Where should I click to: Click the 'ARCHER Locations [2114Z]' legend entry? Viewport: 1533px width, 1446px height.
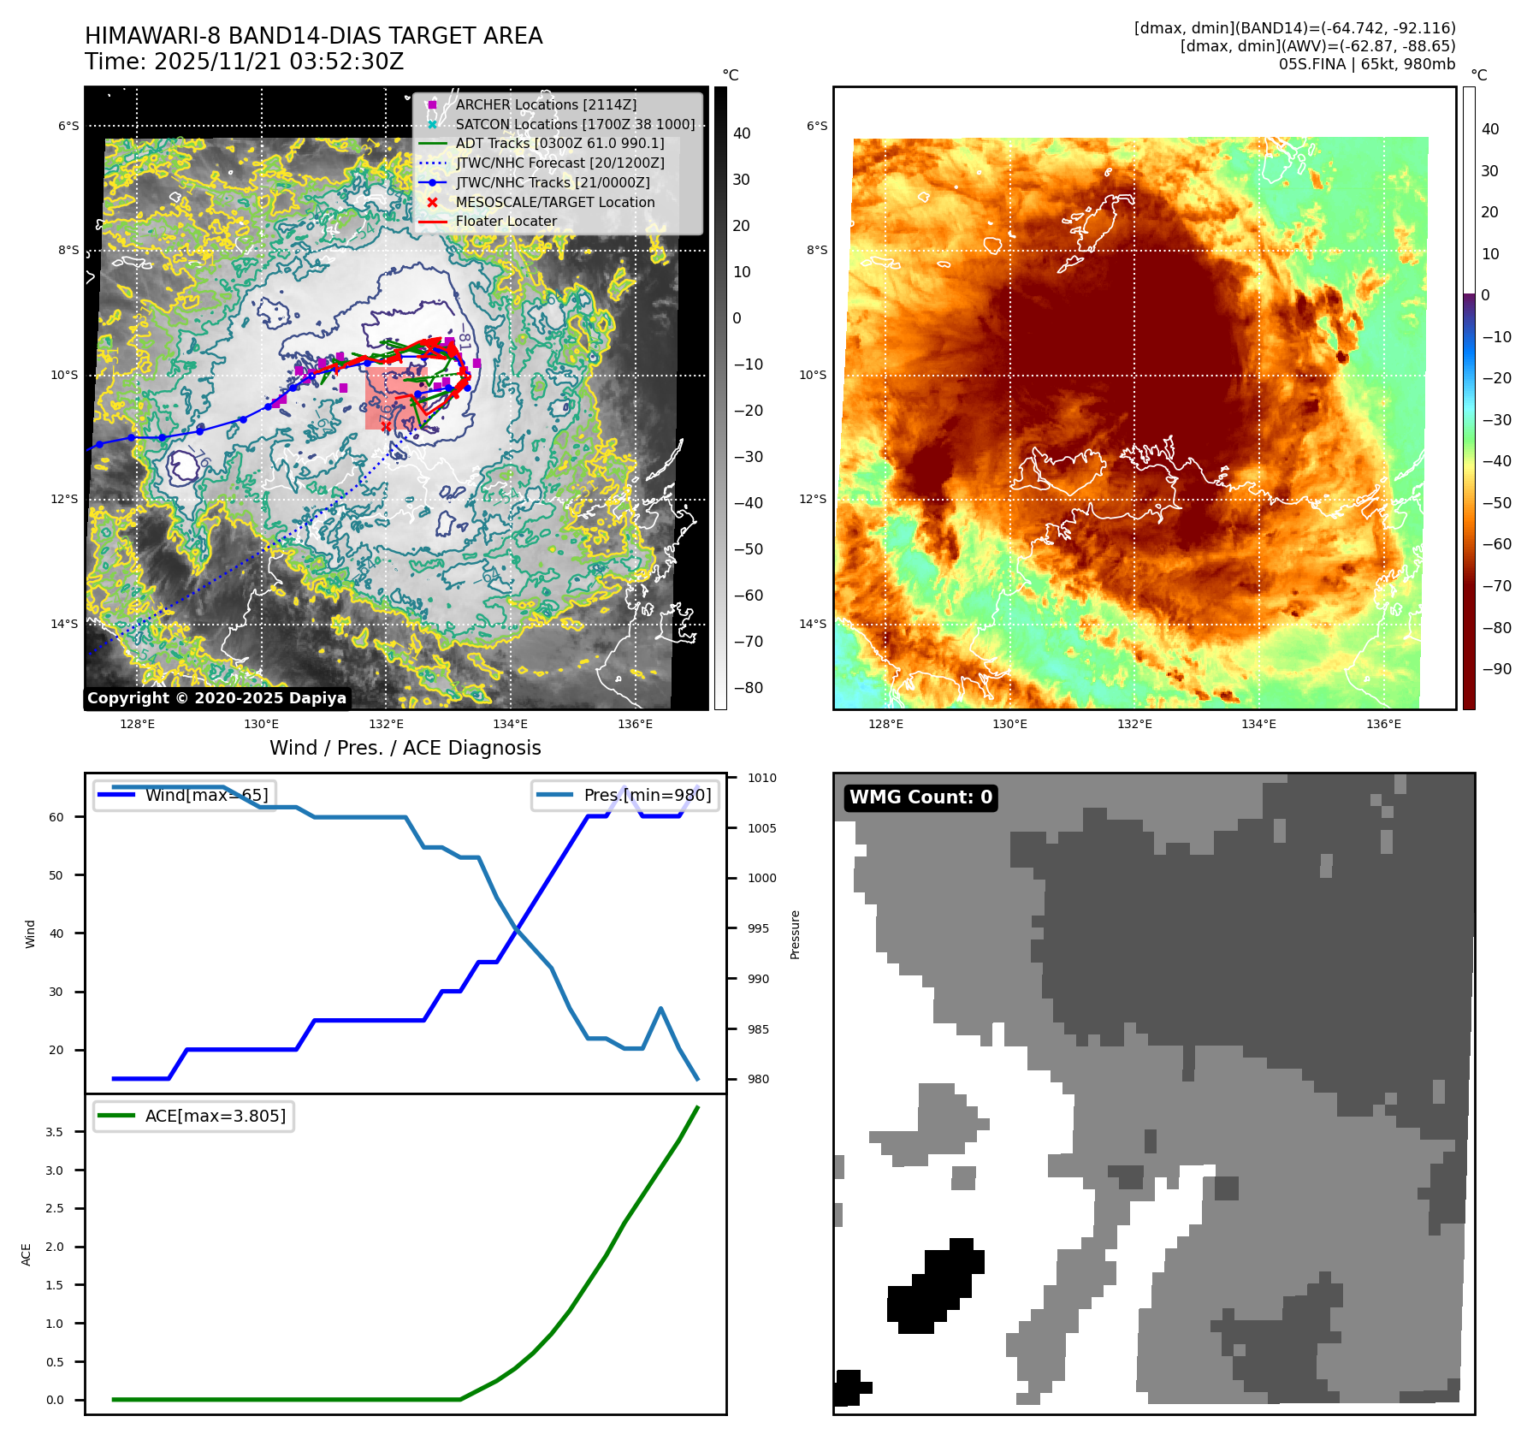click(x=546, y=104)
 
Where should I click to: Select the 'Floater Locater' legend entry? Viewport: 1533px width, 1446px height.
click(x=506, y=221)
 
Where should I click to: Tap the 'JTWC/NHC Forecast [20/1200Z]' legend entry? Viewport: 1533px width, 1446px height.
click(x=559, y=163)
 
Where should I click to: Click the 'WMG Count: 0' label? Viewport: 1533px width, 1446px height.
click(x=920, y=797)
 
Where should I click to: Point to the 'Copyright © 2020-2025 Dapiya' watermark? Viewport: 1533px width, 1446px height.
click(x=216, y=698)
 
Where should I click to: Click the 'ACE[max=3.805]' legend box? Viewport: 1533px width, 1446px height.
click(x=194, y=1116)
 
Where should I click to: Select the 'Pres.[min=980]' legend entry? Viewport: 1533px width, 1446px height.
click(x=625, y=795)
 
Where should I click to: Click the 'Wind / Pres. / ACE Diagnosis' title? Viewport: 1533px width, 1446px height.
click(x=405, y=748)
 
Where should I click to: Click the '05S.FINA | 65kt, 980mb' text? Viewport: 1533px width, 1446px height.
click(x=1366, y=64)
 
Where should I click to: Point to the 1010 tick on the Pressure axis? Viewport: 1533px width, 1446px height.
click(x=761, y=778)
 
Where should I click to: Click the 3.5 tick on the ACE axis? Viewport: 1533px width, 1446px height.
click(x=54, y=1132)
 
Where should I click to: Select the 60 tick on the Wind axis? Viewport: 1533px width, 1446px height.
click(x=56, y=817)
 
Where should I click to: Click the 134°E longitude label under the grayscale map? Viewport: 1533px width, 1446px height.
click(x=510, y=725)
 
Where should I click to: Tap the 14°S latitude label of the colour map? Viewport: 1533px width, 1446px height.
click(x=813, y=624)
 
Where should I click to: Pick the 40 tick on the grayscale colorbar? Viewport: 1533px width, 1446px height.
click(x=741, y=133)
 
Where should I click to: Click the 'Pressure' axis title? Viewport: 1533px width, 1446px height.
click(x=795, y=934)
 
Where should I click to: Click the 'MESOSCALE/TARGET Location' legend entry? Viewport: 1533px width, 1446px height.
click(x=554, y=202)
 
